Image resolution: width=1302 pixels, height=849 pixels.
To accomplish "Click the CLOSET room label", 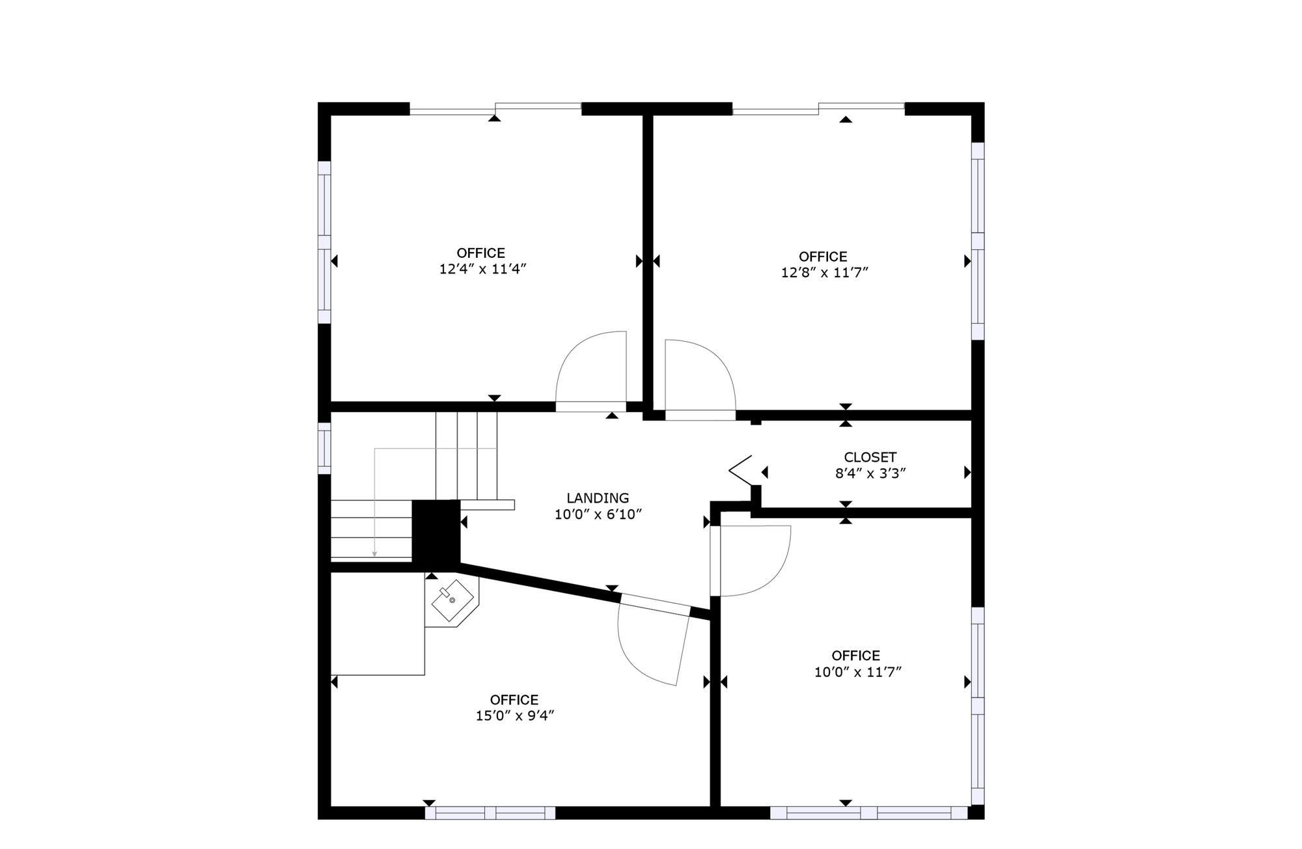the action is pos(870,457).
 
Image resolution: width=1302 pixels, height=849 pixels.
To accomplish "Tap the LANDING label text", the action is pos(598,498).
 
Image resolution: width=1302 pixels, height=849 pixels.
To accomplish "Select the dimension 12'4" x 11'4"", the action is pos(482,269).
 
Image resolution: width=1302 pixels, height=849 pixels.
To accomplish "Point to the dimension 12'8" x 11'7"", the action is pos(825,273).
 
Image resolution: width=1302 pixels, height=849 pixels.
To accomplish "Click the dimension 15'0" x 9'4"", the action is pos(515,716).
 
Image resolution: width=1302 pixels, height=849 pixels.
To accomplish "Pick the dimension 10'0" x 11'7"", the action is pos(857,672).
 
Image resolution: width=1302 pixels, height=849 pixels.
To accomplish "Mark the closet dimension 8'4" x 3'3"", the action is pos(870,473).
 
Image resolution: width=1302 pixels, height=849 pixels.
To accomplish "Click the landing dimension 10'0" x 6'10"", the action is pos(598,514).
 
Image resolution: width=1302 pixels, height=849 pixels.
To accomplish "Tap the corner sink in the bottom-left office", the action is pos(452,600).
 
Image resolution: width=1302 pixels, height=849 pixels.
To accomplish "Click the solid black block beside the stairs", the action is pos(436,531).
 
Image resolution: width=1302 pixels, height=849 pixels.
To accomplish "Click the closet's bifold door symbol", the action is pos(741,470).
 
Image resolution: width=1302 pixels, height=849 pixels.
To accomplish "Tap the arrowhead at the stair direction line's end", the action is pos(374,554).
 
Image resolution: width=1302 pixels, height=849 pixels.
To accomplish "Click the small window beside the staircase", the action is pos(324,449).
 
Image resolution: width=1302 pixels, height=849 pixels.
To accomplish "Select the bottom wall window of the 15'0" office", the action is pos(490,813).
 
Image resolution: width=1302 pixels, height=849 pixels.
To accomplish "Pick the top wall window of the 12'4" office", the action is pos(495,109).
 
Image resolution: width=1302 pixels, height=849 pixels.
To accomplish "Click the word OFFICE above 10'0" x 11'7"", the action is pos(856,656).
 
